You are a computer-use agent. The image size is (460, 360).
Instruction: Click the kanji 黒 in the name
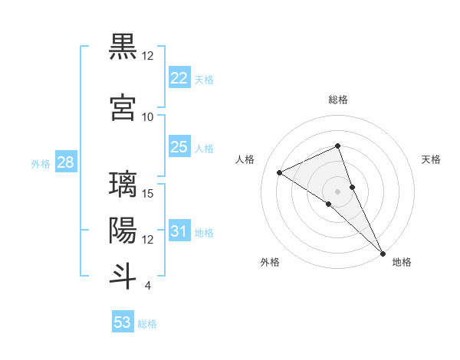[x=123, y=47]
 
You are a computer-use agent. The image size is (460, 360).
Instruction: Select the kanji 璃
[x=123, y=186]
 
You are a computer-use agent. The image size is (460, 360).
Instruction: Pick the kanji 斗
[x=123, y=276]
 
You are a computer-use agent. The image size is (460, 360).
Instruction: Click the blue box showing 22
[x=179, y=78]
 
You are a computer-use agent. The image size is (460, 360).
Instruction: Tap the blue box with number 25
[x=179, y=147]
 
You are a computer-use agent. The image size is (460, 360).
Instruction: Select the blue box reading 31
[x=179, y=231]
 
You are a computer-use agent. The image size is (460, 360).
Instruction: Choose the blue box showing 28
[x=65, y=162]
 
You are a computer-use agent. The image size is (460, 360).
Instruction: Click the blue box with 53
[x=123, y=322]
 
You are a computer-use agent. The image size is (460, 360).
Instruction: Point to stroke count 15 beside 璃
[x=149, y=193]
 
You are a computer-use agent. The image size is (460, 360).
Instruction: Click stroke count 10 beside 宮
[x=148, y=116]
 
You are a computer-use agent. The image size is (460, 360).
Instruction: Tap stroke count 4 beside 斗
[x=147, y=286]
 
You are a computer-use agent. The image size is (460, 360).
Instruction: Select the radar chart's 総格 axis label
[x=337, y=100]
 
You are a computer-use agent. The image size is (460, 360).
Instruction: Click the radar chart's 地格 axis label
[x=402, y=262]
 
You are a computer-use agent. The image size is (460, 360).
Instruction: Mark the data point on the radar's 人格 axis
[x=280, y=172]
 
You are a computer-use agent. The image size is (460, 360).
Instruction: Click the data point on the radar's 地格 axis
[x=383, y=252]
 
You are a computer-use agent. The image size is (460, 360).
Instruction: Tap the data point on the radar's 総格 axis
[x=337, y=146]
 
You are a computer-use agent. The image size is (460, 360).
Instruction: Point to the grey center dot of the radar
[x=337, y=191]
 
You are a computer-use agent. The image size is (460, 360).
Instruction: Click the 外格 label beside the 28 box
[x=41, y=163]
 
